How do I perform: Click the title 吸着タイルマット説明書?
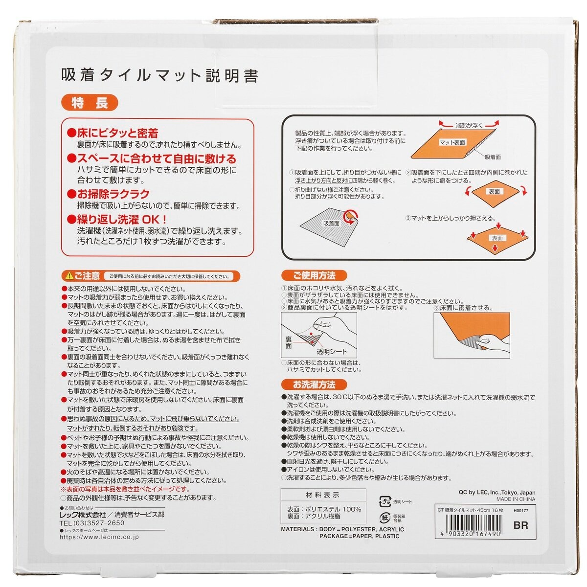pyautogui.click(x=159, y=75)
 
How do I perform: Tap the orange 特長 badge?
pyautogui.click(x=89, y=103)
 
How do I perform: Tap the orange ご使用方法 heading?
pyautogui.click(x=314, y=275)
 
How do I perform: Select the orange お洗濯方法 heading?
pyautogui.click(x=314, y=384)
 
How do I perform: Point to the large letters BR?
pyautogui.click(x=521, y=526)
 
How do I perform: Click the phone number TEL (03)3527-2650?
pyautogui.click(x=92, y=523)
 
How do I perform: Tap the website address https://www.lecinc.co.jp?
pyautogui.click(x=99, y=537)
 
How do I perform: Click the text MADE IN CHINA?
pyautogui.click(x=516, y=499)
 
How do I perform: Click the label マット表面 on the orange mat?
pyautogui.click(x=452, y=142)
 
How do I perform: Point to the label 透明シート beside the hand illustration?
pyautogui.click(x=332, y=351)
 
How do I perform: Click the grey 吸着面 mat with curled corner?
pyautogui.click(x=328, y=225)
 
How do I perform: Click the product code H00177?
pyautogui.click(x=521, y=510)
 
